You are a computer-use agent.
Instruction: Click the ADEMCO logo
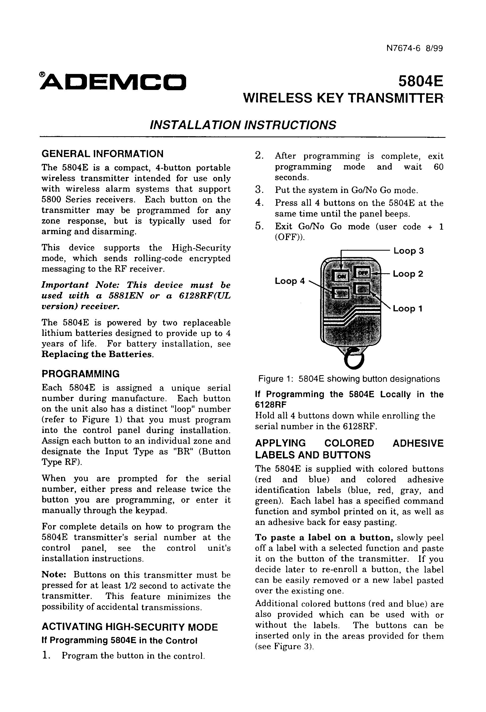pos(113,82)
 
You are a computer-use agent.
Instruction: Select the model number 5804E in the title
pos(421,81)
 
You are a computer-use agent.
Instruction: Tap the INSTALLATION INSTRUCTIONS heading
pos(242,125)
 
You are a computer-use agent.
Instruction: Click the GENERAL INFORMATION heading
pos(102,154)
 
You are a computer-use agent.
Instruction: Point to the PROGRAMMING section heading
pos(81,374)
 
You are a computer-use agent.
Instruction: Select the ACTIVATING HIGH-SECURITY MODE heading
pos(129,627)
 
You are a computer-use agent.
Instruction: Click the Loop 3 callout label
pos(408,251)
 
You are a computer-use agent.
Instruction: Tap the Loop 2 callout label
pos(408,274)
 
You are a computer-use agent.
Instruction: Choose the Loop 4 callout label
pos(290,281)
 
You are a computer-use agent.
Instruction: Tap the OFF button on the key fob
pos(363,272)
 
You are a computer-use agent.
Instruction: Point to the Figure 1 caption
pos(349,379)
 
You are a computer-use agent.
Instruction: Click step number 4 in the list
pos(259,203)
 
